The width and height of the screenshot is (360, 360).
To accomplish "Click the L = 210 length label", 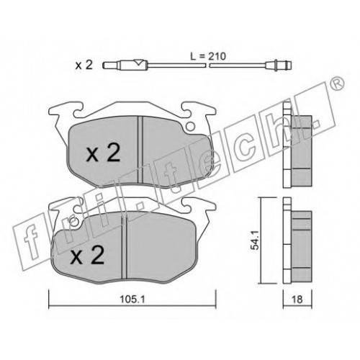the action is click(x=208, y=56).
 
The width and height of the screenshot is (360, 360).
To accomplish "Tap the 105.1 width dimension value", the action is click(x=132, y=299).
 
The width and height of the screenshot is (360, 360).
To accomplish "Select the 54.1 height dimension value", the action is click(x=255, y=240).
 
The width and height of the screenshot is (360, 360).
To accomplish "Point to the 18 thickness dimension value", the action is click(x=297, y=300).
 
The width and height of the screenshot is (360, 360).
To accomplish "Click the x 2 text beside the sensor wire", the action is click(x=84, y=65).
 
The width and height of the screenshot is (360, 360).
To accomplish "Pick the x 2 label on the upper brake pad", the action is click(x=103, y=153).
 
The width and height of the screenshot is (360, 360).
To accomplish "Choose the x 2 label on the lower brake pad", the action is click(x=87, y=255).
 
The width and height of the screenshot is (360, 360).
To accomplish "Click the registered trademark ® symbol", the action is click(x=338, y=84).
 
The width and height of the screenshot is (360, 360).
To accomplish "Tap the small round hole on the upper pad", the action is click(x=191, y=126).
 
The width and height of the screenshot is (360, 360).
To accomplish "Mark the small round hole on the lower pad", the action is click(x=75, y=222).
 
